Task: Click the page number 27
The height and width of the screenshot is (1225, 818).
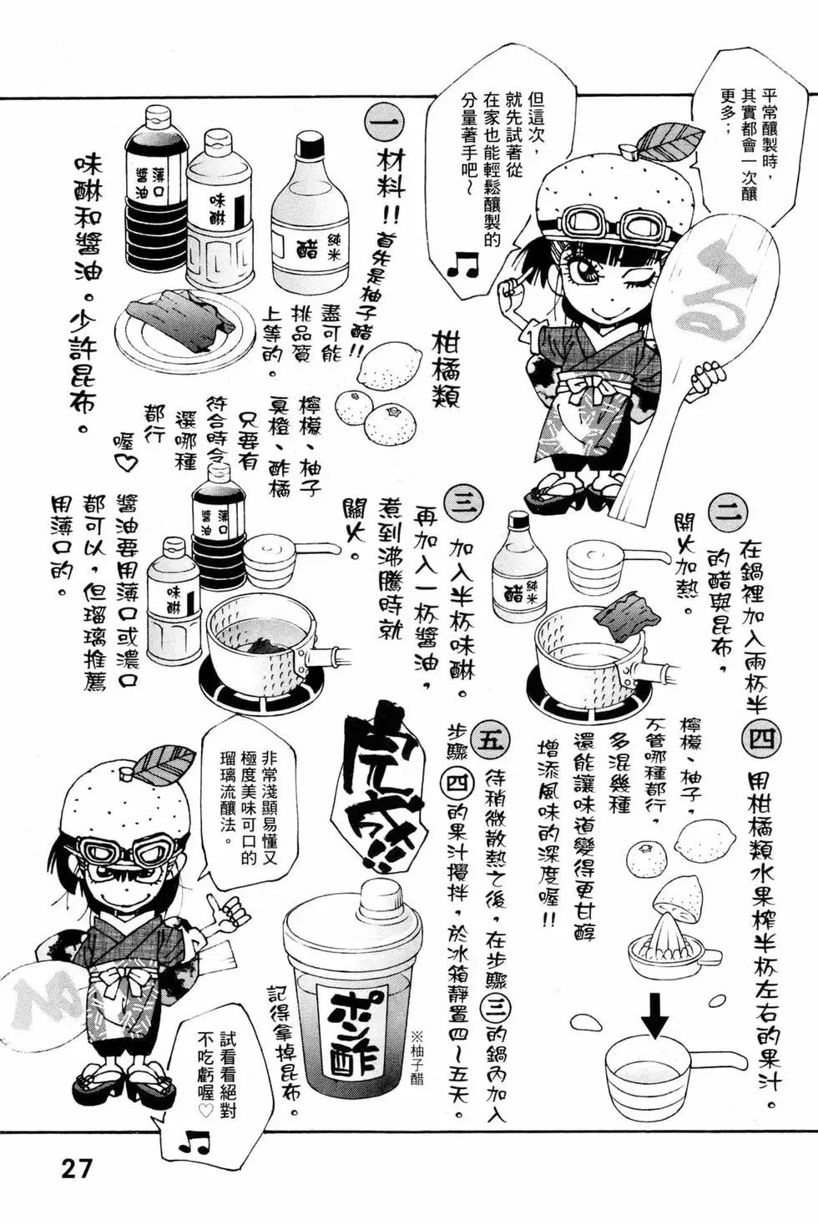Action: tap(75, 1167)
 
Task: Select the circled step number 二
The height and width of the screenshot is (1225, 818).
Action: tap(728, 512)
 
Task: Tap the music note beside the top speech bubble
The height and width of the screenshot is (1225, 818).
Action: tap(462, 265)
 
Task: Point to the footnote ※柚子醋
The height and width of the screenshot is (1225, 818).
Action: tap(417, 1055)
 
